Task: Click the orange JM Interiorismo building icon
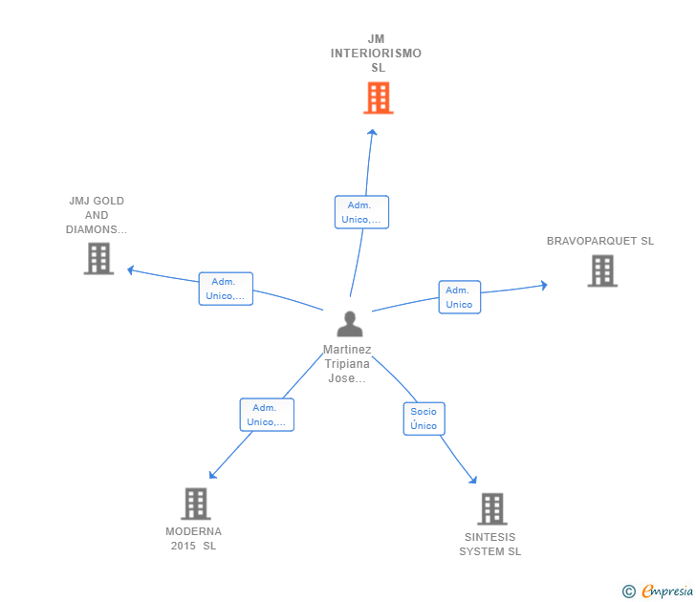coord(379,97)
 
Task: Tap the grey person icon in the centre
coord(350,324)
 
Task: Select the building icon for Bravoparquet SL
coord(602,270)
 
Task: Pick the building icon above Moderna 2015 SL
coord(196,504)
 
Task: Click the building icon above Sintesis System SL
coord(492,509)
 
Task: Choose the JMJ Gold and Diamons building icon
coord(98,259)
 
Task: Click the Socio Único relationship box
coord(424,419)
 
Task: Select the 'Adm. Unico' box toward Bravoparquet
coord(460,297)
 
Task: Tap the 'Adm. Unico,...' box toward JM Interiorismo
coord(361,212)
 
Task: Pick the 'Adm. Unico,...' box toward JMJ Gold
coord(226,289)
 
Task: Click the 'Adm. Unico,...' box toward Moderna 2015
coord(267,415)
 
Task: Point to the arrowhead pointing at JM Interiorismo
coord(373,132)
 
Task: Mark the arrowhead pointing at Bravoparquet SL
coord(544,286)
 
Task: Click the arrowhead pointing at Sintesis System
coord(473,480)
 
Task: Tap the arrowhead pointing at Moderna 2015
coord(212,475)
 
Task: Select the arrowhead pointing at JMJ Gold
coord(130,269)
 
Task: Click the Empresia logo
coord(667,591)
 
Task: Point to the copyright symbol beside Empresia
coord(628,591)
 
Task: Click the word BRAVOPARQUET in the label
coord(592,241)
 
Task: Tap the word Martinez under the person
coord(347,350)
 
